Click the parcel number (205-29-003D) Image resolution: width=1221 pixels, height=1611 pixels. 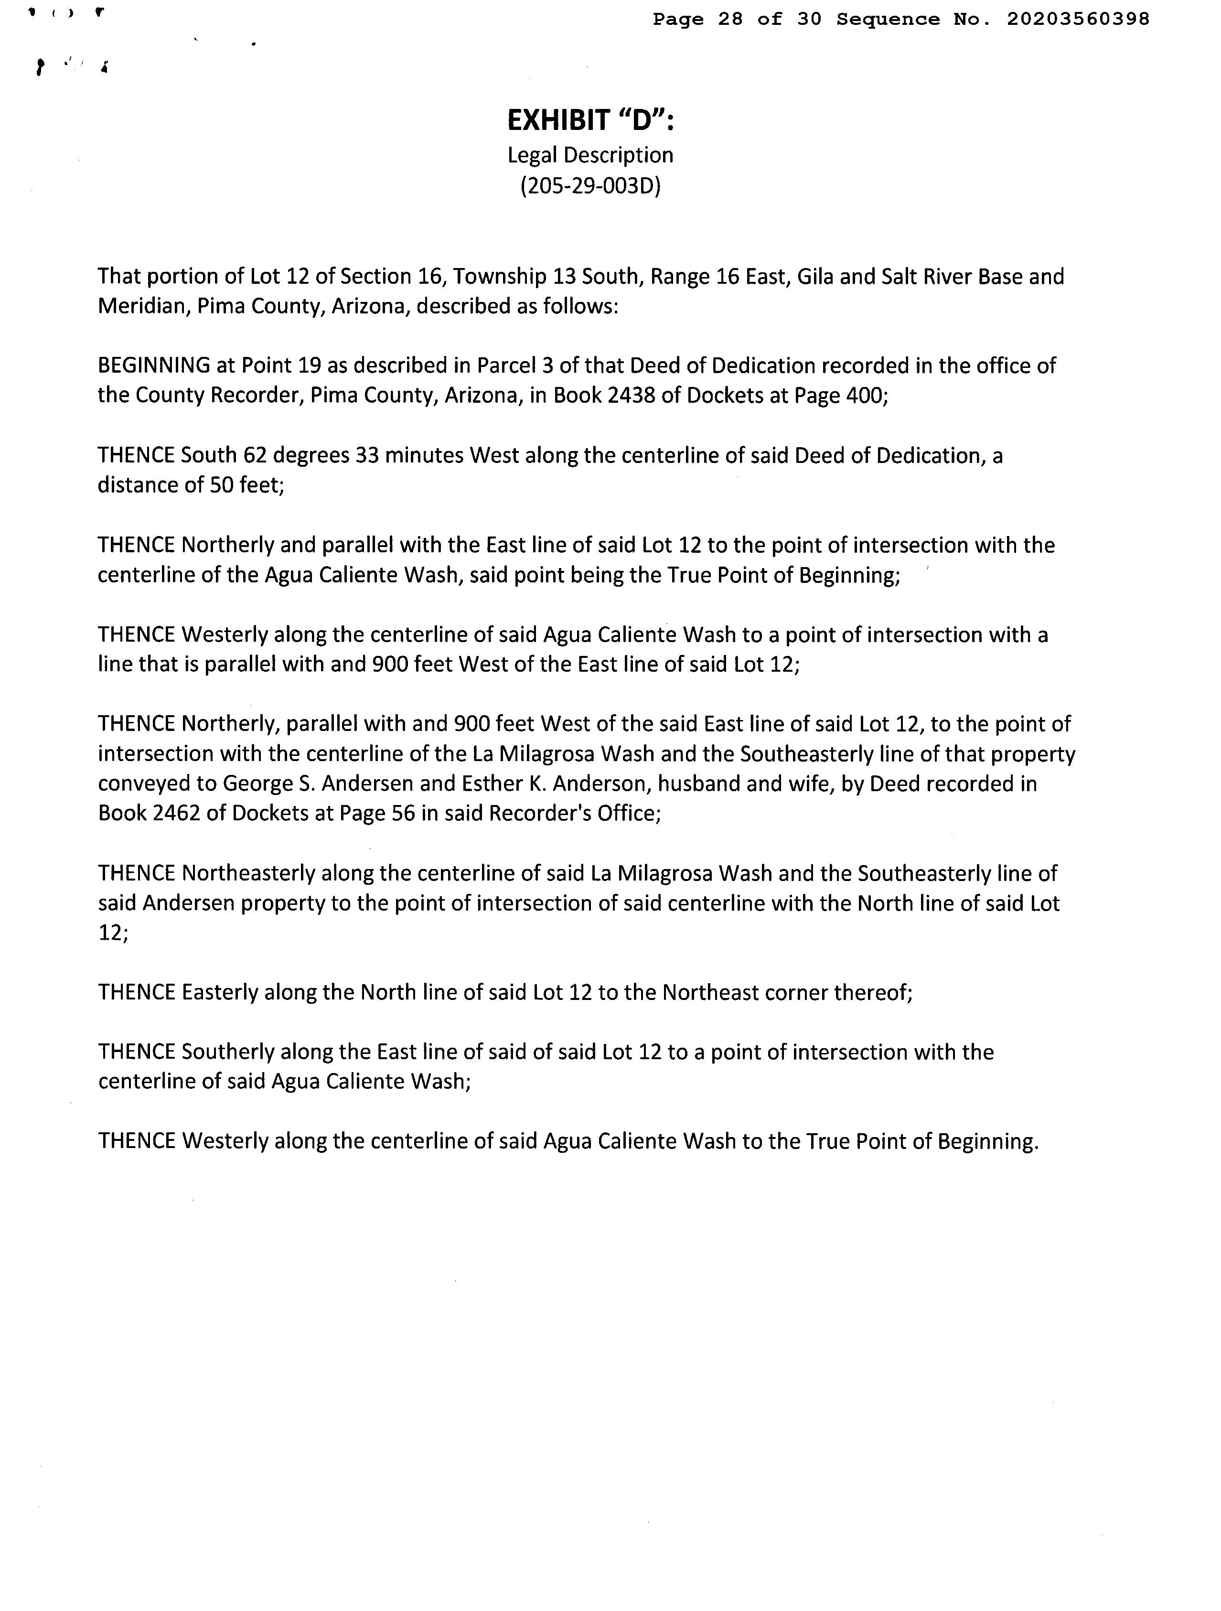[590, 186]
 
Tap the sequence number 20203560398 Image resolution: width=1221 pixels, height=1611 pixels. [1078, 19]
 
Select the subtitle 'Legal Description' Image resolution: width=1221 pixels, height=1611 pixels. [590, 155]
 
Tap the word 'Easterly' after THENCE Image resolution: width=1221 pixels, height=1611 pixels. [219, 993]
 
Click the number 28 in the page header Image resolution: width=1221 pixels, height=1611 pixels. [730, 19]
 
